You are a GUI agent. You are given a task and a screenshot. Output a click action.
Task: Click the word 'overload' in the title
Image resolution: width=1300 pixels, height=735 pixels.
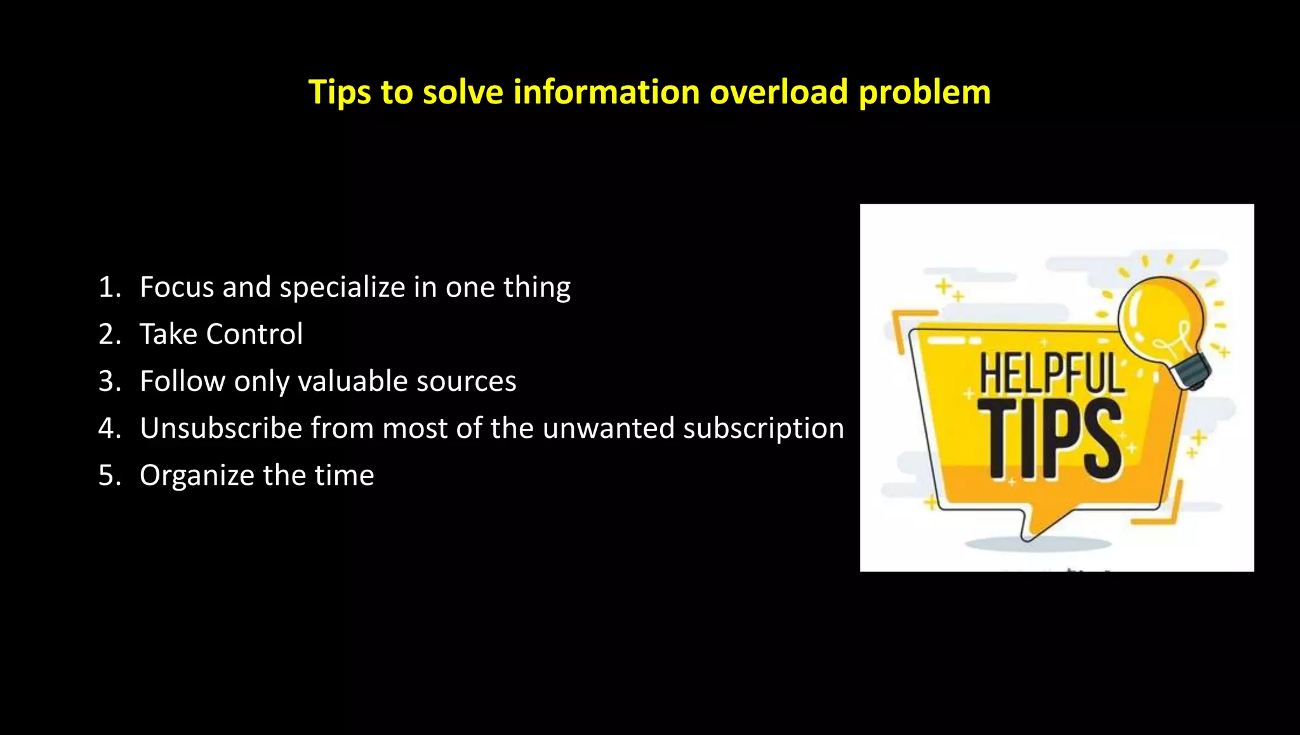(779, 92)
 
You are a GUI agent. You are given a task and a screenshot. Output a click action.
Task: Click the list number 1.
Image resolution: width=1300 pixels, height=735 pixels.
(109, 288)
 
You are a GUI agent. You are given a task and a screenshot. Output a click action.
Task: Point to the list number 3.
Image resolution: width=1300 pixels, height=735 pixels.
(109, 381)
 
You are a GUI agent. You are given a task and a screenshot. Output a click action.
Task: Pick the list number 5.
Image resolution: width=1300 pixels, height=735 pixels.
(109, 475)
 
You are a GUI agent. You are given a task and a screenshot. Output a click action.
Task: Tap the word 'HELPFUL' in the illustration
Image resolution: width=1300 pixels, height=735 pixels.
(1051, 374)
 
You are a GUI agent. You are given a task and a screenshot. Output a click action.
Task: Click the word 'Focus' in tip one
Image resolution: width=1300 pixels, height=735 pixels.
(177, 288)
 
